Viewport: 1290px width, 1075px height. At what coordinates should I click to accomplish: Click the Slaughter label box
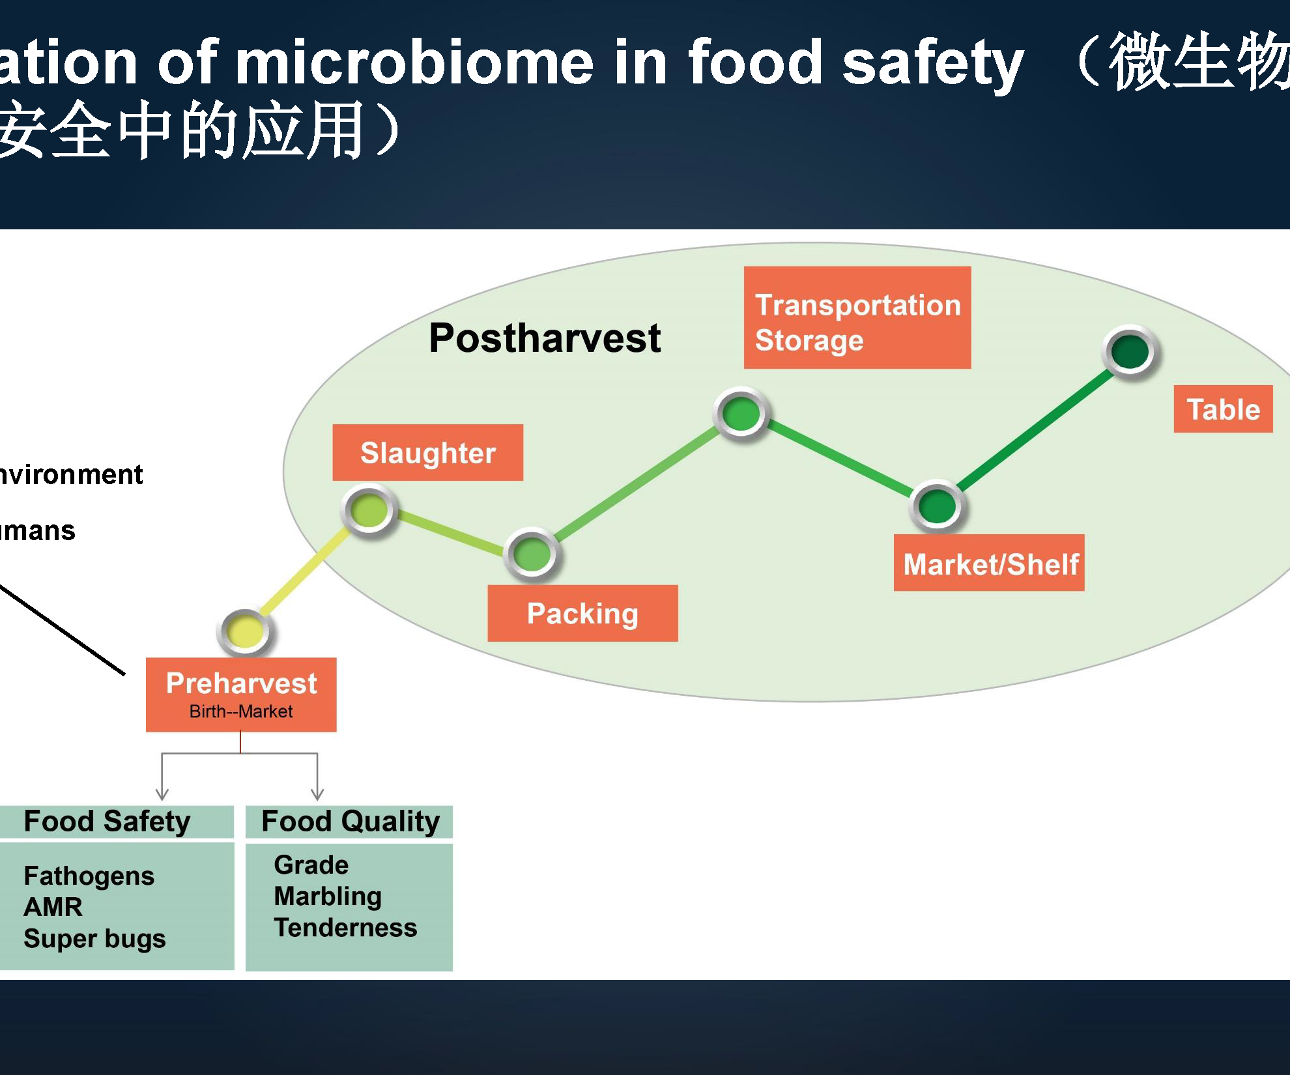coord(427,453)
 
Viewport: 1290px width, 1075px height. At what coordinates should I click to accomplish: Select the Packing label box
coord(582,613)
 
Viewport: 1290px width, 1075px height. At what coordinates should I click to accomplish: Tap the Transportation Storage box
coord(857,318)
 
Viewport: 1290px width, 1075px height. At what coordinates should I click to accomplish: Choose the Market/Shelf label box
coord(989,563)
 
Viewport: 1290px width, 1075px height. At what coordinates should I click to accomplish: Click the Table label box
coord(1223,409)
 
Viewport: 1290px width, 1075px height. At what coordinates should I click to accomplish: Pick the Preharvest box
coord(241,695)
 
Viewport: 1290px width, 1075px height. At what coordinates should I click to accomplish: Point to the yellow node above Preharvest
coord(245,631)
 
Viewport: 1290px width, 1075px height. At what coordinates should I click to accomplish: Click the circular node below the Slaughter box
coord(369,510)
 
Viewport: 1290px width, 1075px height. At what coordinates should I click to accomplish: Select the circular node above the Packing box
coord(532,554)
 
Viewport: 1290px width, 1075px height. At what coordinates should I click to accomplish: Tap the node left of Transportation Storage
coord(741,413)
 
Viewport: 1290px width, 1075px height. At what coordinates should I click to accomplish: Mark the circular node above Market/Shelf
coord(936,506)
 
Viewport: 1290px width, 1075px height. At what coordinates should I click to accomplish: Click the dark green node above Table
coord(1130,351)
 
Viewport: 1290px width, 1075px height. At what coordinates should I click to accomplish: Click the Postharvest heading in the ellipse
coord(545,338)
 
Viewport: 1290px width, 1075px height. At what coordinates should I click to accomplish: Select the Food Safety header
coord(107,822)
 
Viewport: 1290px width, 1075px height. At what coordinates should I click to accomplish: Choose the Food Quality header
coord(350,822)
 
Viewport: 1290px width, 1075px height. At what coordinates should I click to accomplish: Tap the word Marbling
coord(328,896)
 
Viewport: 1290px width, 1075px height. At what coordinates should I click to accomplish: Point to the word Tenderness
coord(345,928)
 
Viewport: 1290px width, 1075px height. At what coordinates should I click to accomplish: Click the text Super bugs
coord(94,939)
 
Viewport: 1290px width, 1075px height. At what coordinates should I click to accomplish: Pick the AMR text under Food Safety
coord(53,907)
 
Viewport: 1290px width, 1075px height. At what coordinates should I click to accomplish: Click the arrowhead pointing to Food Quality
coord(317,794)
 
